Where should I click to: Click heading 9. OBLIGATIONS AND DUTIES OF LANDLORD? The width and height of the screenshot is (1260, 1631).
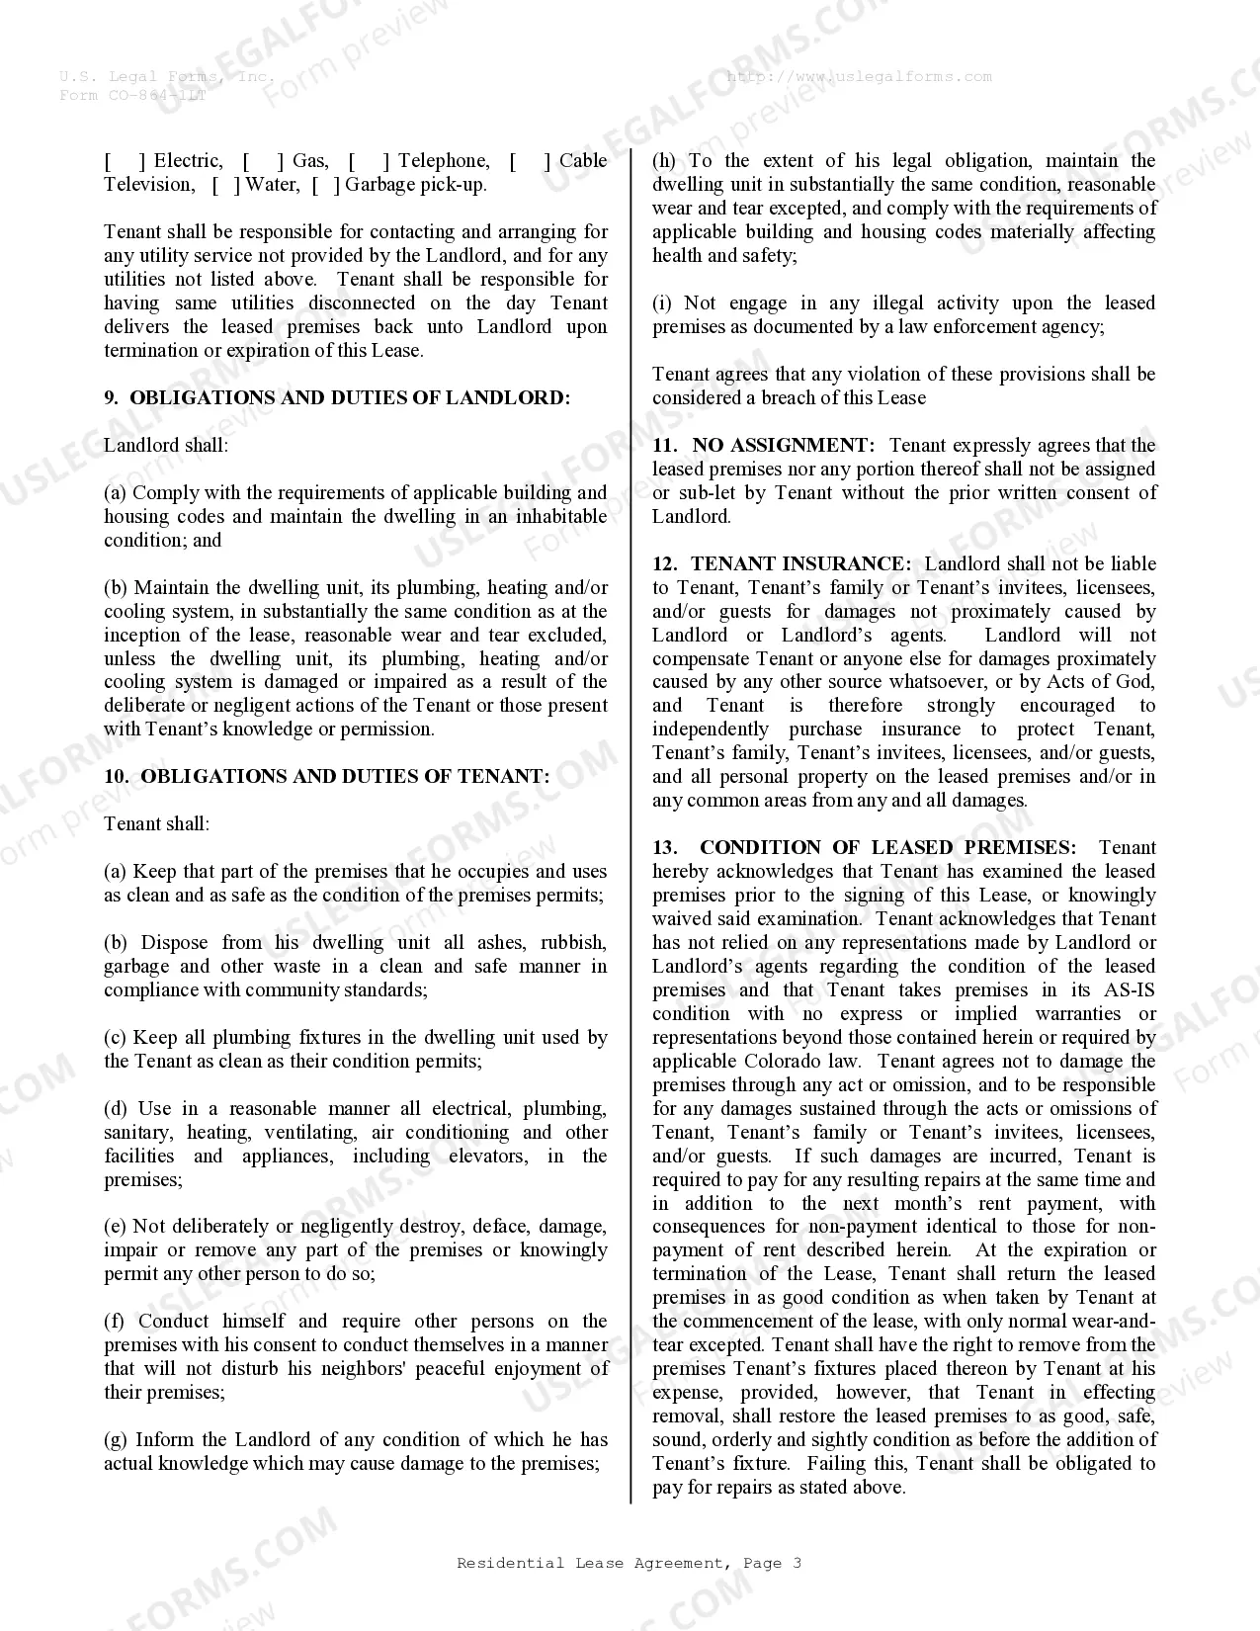click(337, 398)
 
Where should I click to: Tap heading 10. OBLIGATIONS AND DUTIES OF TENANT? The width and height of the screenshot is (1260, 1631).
click(327, 777)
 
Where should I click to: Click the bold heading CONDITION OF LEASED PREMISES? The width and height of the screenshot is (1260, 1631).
click(887, 848)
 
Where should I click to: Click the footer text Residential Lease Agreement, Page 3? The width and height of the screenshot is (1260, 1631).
click(629, 1563)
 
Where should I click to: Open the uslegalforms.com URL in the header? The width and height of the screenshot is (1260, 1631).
click(859, 77)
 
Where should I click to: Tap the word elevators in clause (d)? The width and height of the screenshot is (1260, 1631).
click(488, 1157)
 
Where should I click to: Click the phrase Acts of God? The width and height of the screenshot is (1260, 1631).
click(1096, 682)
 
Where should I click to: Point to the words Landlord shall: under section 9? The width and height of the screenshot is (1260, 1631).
click(166, 446)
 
